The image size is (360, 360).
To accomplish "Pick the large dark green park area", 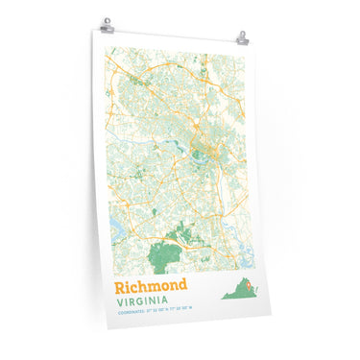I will [x=167, y=255].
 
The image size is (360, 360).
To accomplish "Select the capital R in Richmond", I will [x=121, y=288].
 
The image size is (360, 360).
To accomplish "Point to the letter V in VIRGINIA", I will [x=120, y=302].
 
